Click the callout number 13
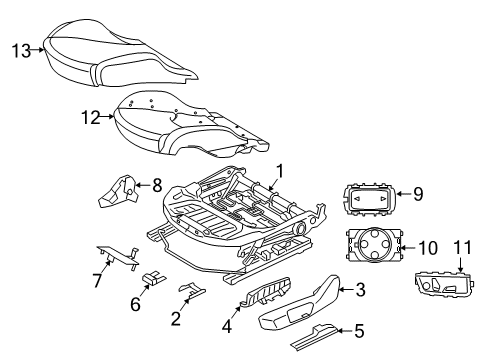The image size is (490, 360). coord(19,49)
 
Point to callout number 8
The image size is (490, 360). coord(156,184)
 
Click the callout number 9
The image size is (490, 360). coord(419,194)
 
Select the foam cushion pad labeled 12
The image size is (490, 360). coord(190,125)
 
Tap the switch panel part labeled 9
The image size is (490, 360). coord(370,200)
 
